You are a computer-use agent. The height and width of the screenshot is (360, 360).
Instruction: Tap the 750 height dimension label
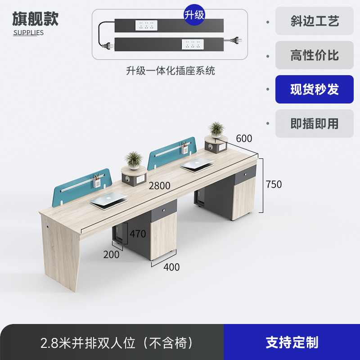coord(274,184)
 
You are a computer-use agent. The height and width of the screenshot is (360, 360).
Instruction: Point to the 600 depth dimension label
coord(244,138)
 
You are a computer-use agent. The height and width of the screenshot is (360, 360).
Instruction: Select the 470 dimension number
coord(138,234)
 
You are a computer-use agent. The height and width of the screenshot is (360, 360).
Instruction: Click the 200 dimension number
coord(112,255)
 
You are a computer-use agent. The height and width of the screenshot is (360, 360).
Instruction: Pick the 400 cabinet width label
coord(171,267)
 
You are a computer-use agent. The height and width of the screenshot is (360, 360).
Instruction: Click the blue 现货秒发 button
coord(314,89)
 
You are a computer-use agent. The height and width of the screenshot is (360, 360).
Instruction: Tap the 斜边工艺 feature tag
coord(314,21)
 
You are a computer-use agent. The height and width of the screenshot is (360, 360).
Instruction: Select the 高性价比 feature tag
coord(314,55)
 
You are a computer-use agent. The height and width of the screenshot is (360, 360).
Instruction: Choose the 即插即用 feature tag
coord(314,123)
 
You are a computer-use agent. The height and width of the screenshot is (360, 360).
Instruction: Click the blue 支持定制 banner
coord(292,342)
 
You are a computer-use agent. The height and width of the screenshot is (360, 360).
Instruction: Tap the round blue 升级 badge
coord(194,15)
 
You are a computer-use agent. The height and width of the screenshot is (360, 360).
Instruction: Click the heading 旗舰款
coord(35,18)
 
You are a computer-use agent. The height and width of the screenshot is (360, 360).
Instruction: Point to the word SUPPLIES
coord(28,33)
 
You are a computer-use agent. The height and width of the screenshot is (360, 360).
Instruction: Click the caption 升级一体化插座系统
coord(170,71)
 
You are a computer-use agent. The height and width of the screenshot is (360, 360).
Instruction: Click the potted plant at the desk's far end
coord(216,129)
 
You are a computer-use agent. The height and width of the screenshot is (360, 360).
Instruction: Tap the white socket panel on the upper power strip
coord(146,25)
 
